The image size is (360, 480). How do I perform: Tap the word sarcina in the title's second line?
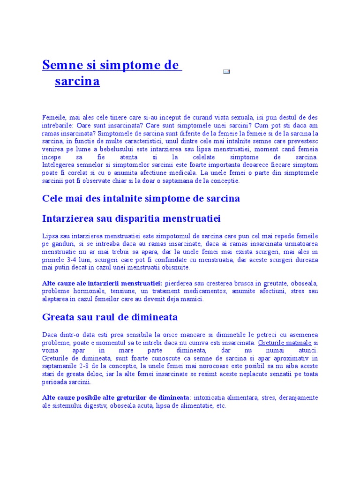tap(77, 81)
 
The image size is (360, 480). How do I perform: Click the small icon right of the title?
tap(226, 71)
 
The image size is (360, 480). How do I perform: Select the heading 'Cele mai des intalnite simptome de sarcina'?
tap(141, 198)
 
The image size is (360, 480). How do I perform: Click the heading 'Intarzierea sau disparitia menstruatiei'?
tap(131, 219)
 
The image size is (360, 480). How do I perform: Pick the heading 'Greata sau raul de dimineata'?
tap(110, 317)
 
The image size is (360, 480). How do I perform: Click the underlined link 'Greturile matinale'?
tap(285, 343)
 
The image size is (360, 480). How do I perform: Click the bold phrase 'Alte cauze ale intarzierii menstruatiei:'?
tap(102, 284)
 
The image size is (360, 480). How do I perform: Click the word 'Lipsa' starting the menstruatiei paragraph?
tap(50, 235)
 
